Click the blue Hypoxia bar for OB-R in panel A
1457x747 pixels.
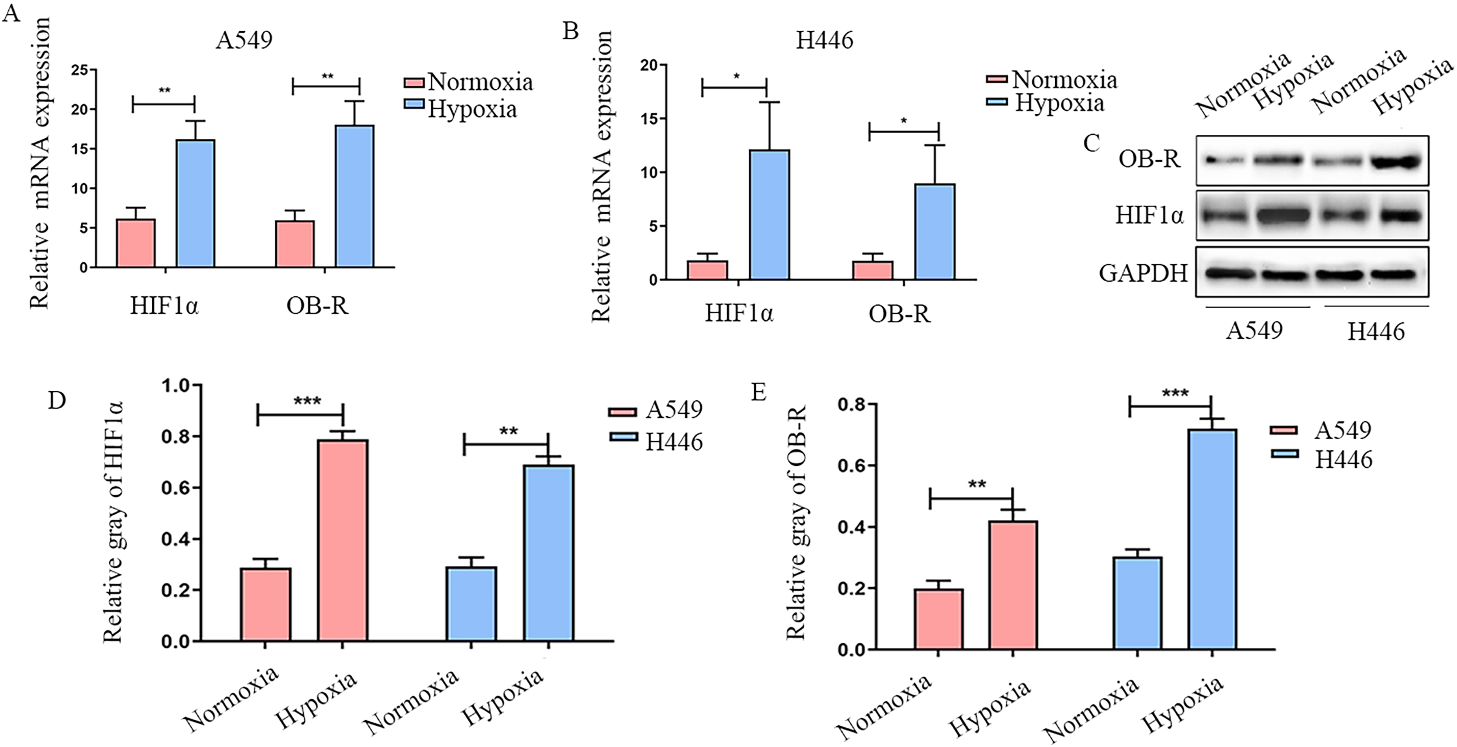coord(355,196)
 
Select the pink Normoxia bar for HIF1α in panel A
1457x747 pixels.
coord(136,243)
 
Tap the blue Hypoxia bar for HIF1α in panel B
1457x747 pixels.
coord(770,215)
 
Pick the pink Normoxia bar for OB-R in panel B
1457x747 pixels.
coord(873,270)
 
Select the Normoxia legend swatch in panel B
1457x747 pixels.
coord(997,80)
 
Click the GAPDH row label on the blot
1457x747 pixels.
coord(1143,274)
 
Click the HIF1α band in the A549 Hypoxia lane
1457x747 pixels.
coord(1282,216)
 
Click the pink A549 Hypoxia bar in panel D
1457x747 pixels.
coord(343,541)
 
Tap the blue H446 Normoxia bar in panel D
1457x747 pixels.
coord(471,604)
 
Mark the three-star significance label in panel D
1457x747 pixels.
coord(307,401)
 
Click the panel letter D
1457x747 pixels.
coord(57,400)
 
